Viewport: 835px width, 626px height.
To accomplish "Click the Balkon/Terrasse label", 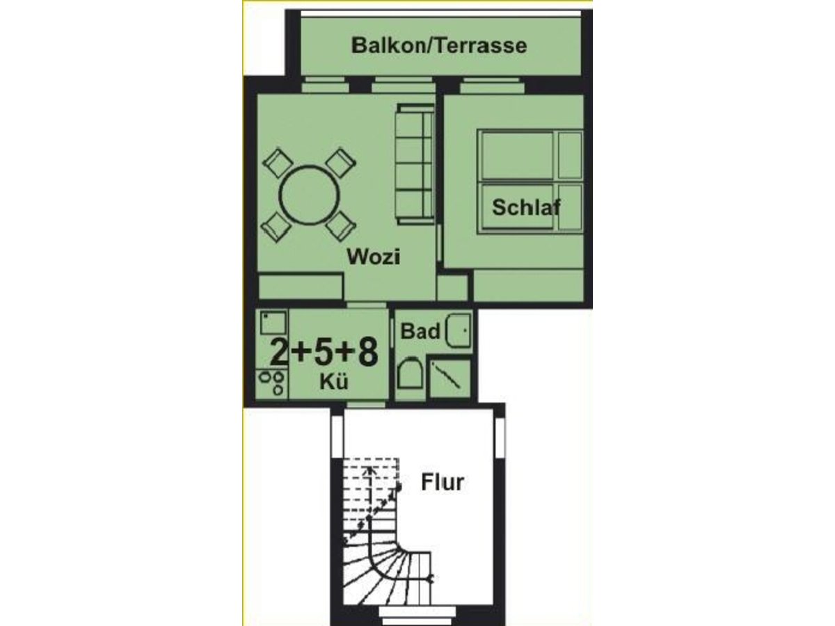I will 439,47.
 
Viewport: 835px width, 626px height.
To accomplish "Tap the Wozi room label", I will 374,257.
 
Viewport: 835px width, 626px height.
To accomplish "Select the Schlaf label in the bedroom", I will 526,207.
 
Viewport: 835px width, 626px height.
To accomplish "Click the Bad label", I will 421,331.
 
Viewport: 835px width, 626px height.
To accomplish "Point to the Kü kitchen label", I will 334,380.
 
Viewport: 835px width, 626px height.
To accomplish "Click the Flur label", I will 443,482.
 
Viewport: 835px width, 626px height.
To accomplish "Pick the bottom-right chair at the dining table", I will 342,226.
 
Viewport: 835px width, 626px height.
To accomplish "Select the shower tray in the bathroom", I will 449,378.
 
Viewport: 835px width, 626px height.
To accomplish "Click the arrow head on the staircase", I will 371,469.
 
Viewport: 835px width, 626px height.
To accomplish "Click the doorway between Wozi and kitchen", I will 366,305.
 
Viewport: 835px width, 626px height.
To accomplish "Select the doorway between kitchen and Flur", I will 366,404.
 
